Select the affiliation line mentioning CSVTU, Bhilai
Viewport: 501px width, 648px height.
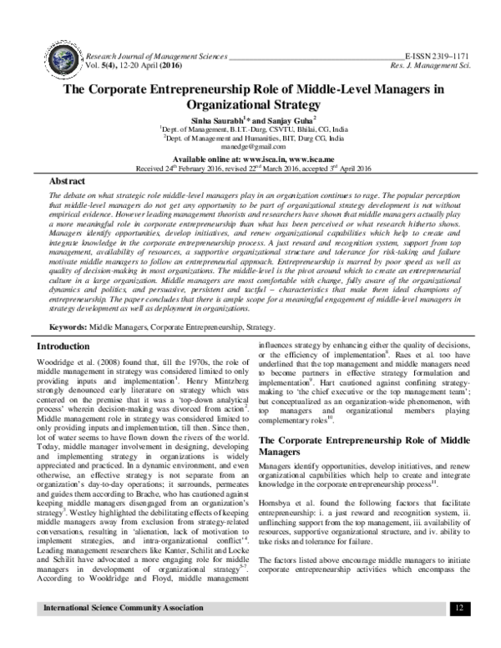coord(251,130)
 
